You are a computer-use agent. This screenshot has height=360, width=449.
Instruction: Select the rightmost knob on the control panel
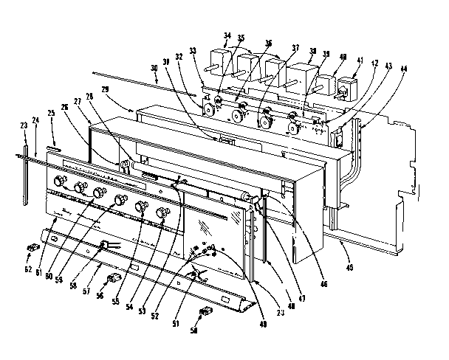pos(162,214)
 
